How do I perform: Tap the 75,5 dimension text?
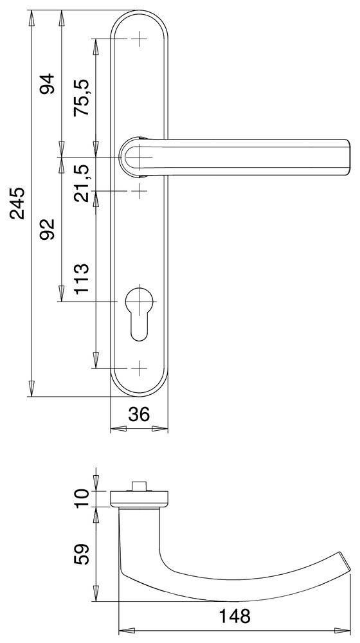coord(82,97)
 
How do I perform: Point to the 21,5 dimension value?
coord(82,183)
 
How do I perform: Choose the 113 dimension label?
coord(82,279)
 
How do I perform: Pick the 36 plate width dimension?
coord(139,415)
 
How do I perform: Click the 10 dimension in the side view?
coord(82,498)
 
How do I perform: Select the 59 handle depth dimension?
coord(82,555)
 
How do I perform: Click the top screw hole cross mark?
coord(139,40)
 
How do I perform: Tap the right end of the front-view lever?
coord(347,157)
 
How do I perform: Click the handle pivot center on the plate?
coord(139,157)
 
